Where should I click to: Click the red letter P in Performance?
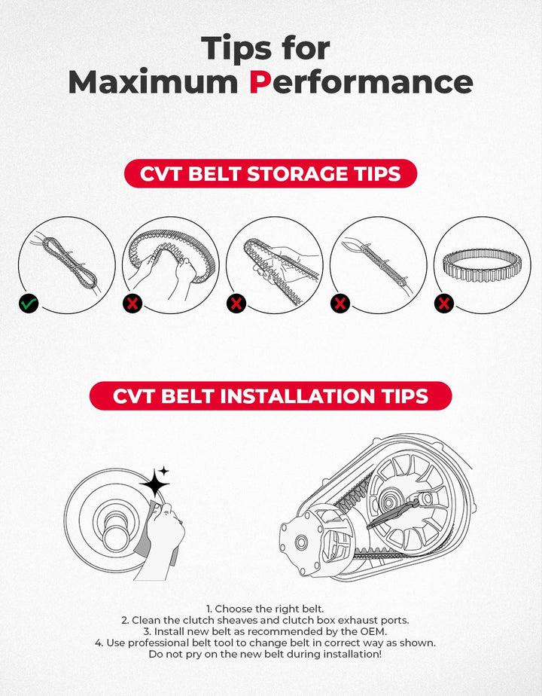click(x=260, y=82)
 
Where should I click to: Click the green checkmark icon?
click(x=29, y=304)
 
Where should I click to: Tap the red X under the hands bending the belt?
click(x=132, y=304)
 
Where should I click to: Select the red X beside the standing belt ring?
click(x=444, y=304)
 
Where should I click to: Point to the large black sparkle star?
click(x=154, y=483)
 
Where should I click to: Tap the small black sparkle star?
click(x=164, y=471)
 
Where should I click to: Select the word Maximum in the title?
click(x=153, y=82)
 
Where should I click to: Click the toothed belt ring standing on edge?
click(x=482, y=265)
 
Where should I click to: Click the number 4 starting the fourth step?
click(x=98, y=643)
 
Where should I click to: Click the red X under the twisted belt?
click(x=236, y=304)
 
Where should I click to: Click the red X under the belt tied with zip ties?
click(x=340, y=304)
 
